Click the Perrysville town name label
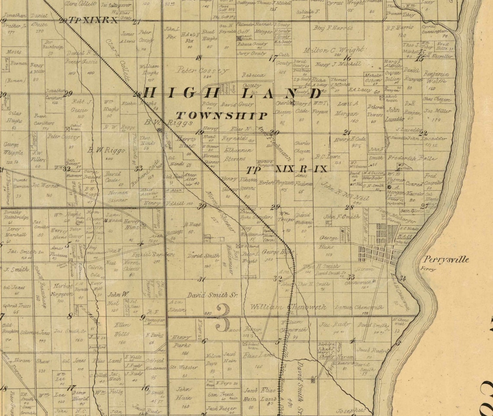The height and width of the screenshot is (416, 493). click(446, 260)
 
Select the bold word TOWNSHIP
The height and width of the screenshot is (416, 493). click(222, 115)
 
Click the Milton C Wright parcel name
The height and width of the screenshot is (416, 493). click(333, 49)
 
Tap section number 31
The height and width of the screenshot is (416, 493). click(202, 279)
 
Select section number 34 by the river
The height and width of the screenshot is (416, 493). click(403, 278)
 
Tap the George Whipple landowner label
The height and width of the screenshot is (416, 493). click(14, 148)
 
